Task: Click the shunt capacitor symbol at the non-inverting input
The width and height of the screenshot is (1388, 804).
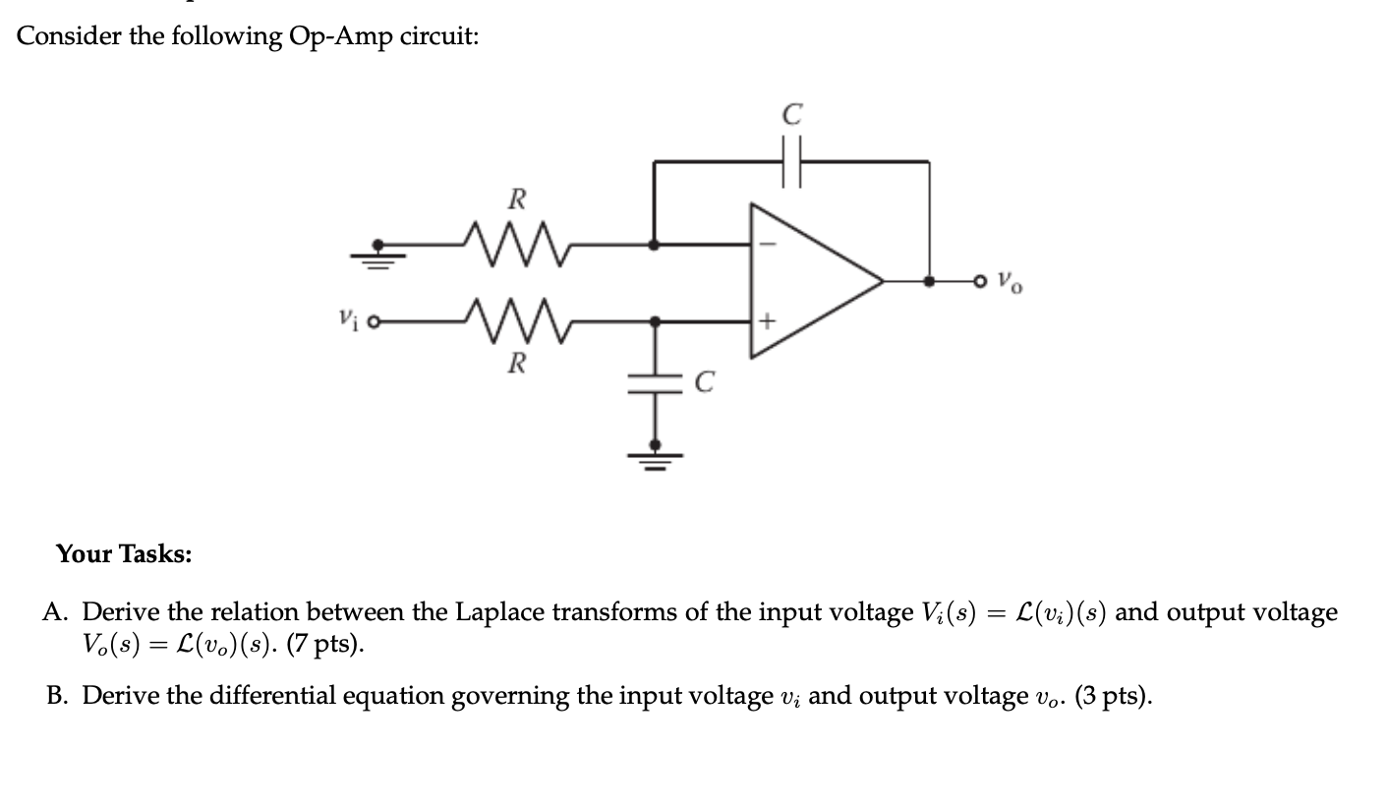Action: pos(653,384)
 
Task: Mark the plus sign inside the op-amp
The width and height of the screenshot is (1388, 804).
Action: pos(768,320)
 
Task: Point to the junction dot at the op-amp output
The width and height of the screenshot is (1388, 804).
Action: pos(929,281)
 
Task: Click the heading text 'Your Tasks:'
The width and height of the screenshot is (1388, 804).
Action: pos(124,554)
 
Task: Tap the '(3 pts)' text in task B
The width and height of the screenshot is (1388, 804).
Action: pos(1113,696)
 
